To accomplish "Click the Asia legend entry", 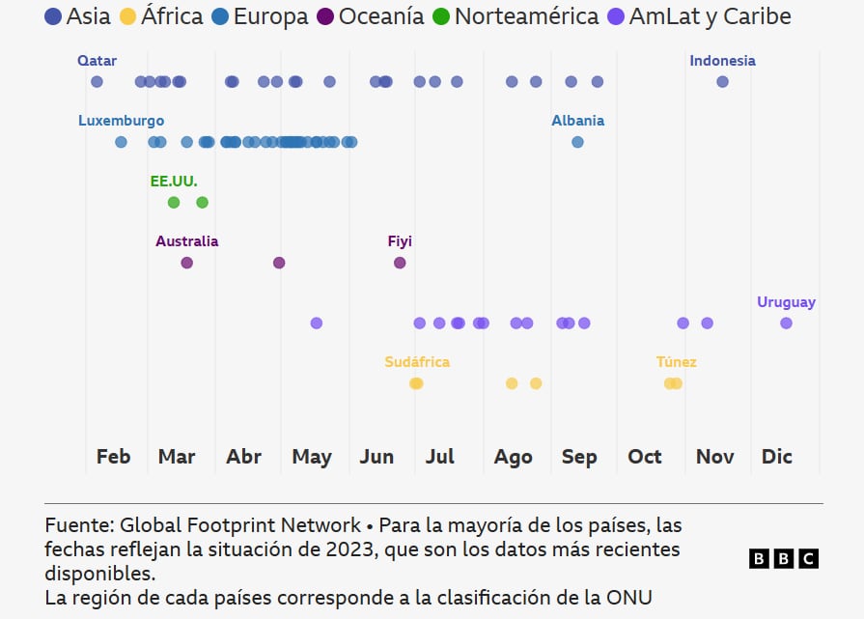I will pos(77,16).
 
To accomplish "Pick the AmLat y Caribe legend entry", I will pos(699,16).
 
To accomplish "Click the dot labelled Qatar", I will pos(97,82).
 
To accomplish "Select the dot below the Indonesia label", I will pos(722,82).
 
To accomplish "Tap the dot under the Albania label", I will pos(577,142).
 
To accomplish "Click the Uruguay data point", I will pos(786,323).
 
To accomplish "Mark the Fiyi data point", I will pos(400,263).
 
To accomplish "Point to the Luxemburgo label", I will pos(121,121).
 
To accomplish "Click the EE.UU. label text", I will pos(174,182).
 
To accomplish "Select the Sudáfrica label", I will pos(417,362).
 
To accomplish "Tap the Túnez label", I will pos(676,362).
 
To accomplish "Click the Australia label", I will pos(186,241).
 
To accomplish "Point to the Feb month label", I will pos(113,457).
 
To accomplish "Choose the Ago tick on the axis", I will pos(513,457).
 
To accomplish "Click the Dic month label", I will pos(776,457).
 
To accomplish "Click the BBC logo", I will pos(783,558).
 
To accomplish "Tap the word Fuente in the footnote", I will pos(78,526).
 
